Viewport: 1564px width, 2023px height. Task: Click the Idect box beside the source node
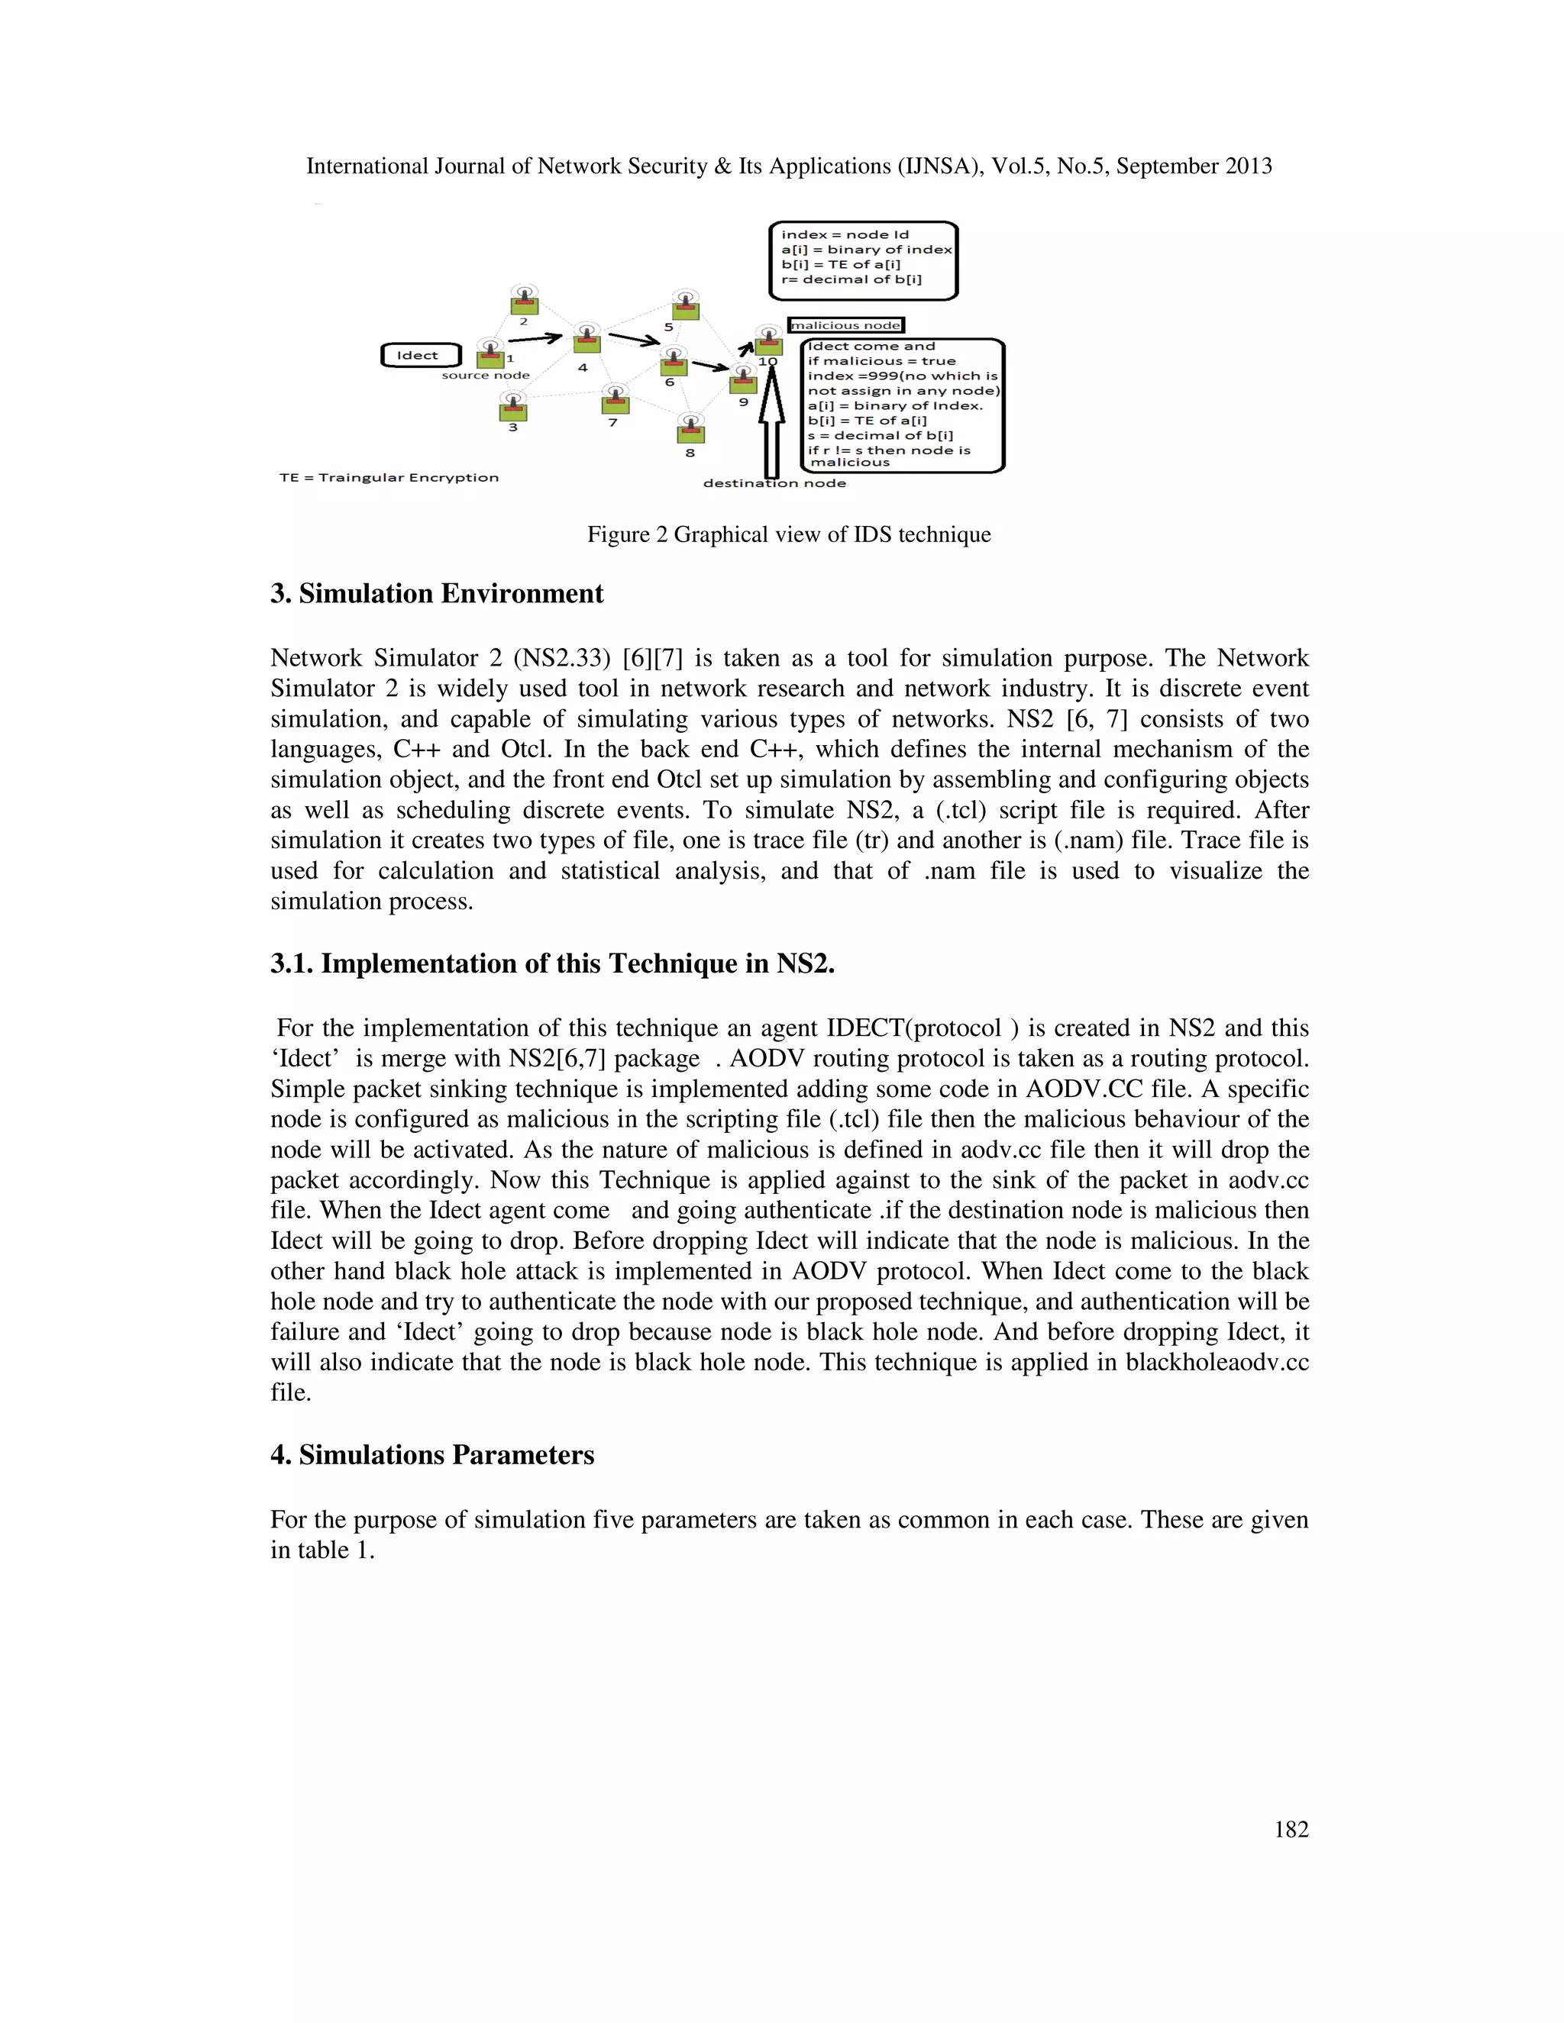(421, 356)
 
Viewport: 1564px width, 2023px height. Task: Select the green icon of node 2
(525, 304)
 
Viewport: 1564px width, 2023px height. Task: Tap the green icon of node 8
(690, 433)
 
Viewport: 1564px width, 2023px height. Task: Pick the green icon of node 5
(685, 309)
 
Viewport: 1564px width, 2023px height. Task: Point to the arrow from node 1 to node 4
(535, 338)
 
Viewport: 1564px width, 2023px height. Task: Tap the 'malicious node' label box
(845, 325)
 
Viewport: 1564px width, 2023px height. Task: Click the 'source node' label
(486, 375)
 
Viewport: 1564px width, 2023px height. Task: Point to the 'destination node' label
(774, 483)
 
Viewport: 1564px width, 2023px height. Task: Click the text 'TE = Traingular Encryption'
(389, 478)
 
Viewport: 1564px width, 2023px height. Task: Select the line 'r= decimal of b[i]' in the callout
(851, 279)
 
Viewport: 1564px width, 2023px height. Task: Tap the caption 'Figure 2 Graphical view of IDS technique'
(788, 534)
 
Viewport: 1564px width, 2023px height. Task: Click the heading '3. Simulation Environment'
(436, 594)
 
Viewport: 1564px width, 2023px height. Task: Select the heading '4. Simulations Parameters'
(431, 1455)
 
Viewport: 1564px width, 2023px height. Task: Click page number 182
(1291, 1829)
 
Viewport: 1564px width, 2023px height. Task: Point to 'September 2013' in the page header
(1194, 166)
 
